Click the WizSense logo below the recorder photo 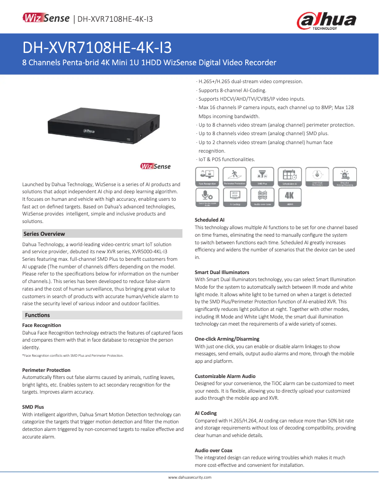155,166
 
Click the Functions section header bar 102,315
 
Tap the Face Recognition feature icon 207,176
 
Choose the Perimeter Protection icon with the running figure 234,176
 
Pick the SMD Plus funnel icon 262,176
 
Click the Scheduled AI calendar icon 289,176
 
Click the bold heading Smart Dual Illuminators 222,272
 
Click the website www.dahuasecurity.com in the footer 190,478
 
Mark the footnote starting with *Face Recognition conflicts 73,355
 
